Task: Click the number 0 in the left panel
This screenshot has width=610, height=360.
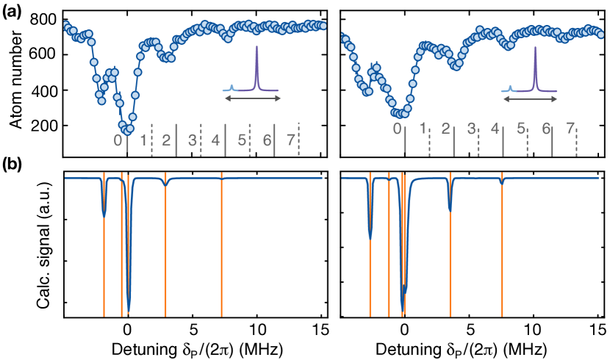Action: coord(118,140)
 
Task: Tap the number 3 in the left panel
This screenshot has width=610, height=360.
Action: coord(192,140)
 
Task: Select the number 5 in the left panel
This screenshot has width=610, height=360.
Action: coord(242,140)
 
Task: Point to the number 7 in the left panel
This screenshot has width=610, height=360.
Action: coord(290,140)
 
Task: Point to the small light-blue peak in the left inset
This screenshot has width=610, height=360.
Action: coord(232,87)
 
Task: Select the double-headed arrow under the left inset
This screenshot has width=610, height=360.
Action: coord(252,98)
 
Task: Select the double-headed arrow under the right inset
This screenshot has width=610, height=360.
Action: coord(530,98)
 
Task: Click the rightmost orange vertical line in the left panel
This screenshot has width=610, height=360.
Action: coord(221,242)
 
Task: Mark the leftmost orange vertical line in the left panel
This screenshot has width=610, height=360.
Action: coord(104,242)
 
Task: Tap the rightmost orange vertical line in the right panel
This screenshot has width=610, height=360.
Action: coord(502,242)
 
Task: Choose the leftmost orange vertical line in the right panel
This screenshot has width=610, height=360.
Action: coord(370,242)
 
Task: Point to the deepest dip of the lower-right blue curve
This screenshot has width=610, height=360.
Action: coord(402,307)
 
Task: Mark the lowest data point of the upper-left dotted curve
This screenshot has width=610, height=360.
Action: coord(129,131)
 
